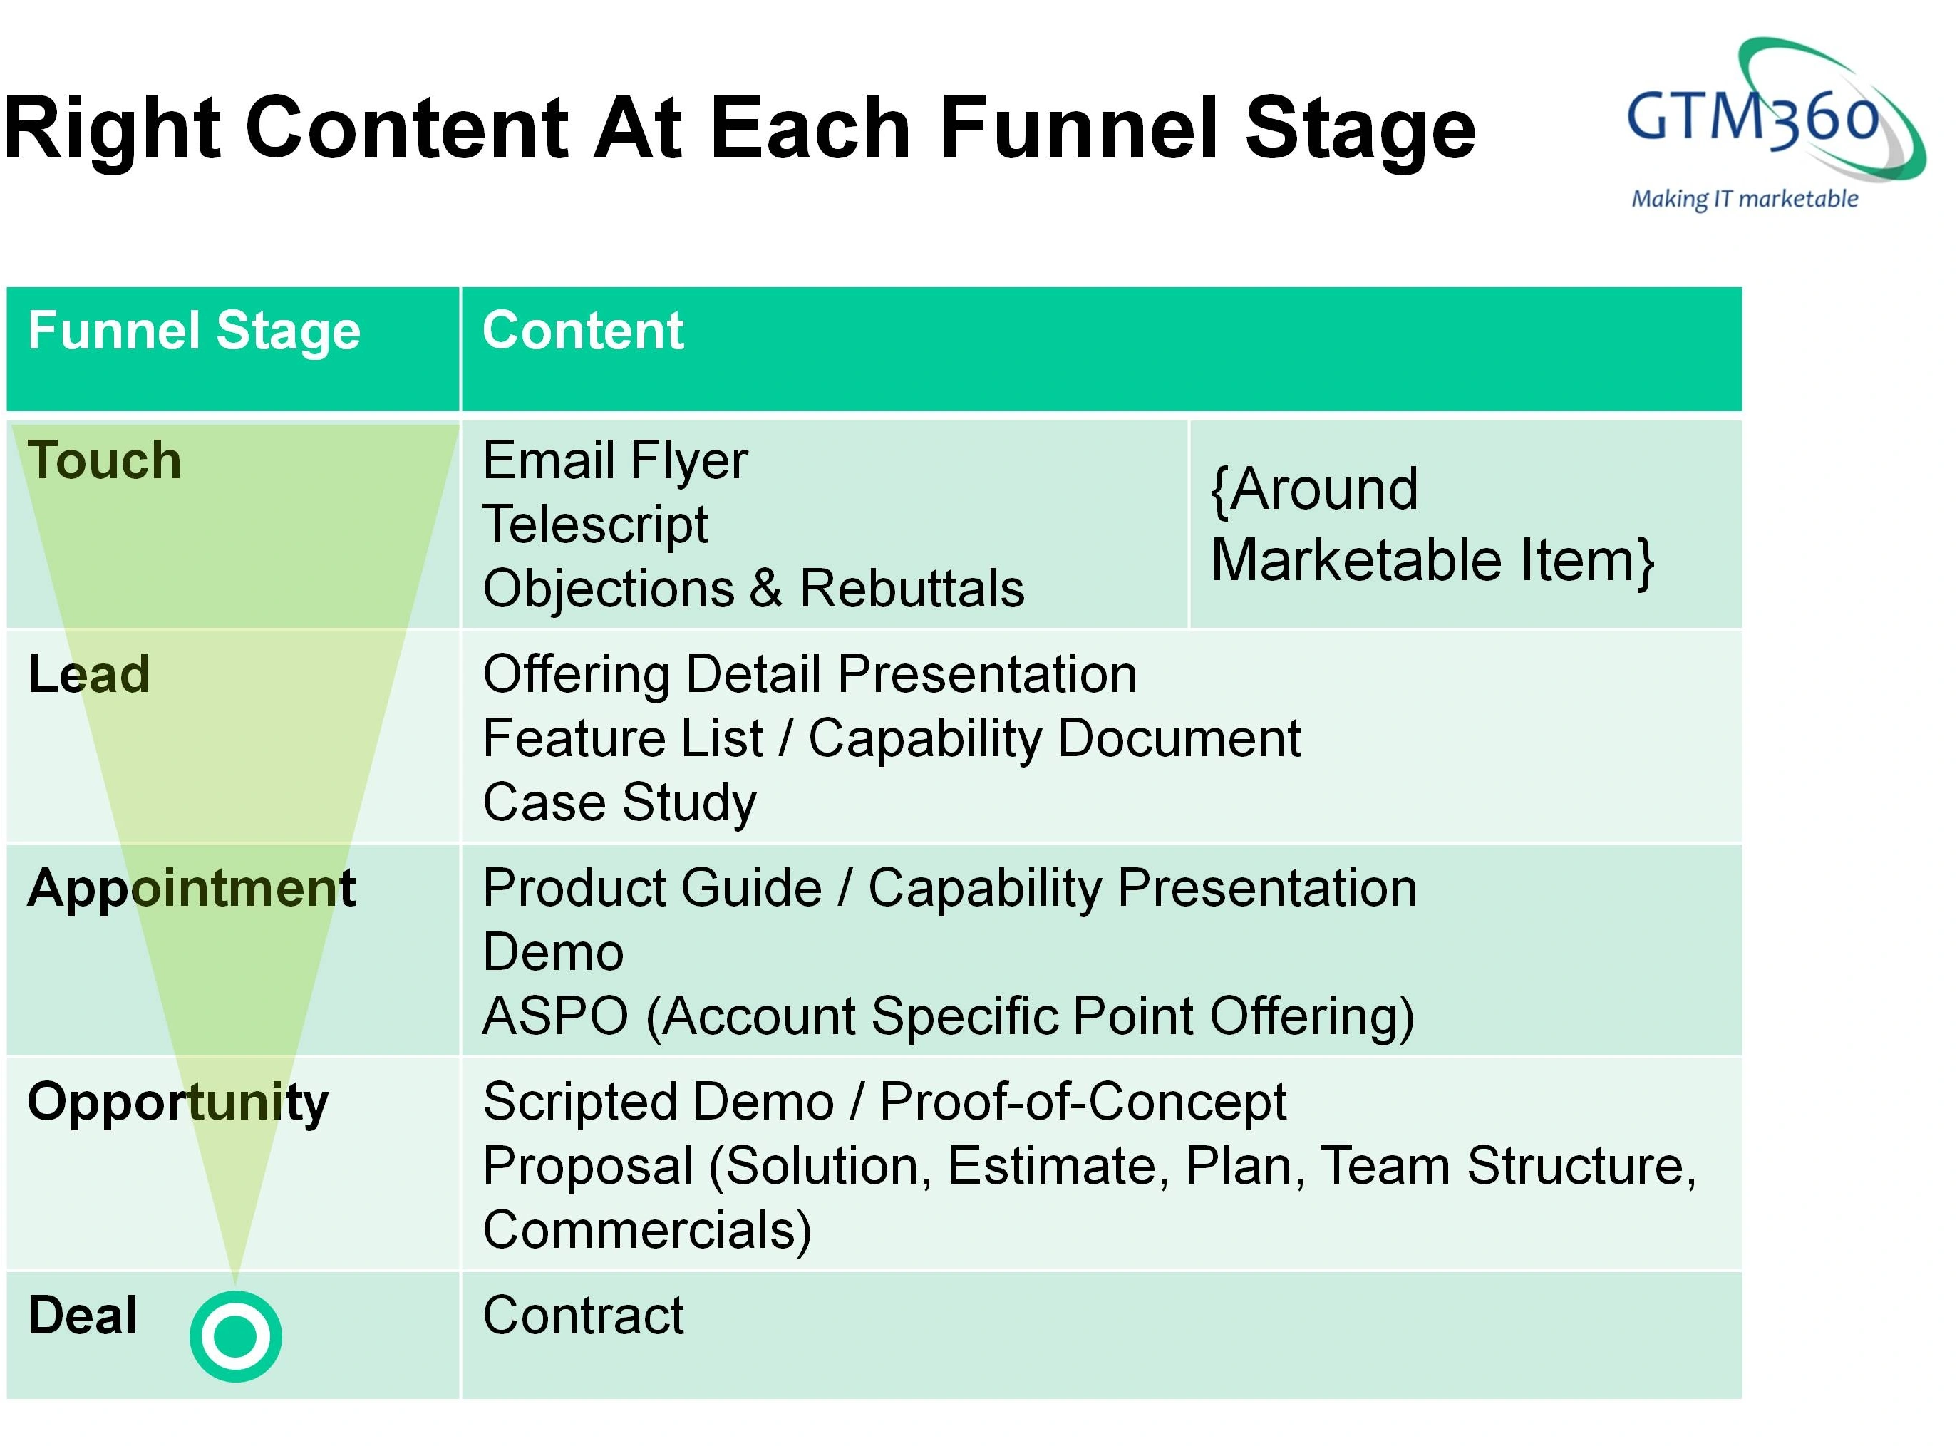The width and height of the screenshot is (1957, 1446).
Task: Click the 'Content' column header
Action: (x=583, y=331)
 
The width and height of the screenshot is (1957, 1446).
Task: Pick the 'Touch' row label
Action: (x=104, y=460)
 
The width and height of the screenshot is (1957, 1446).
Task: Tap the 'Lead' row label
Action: (x=88, y=674)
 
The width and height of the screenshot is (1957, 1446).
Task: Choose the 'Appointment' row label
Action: (x=191, y=889)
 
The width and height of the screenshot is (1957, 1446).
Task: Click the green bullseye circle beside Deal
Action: (x=235, y=1336)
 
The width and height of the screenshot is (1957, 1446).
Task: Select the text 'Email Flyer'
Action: (x=614, y=460)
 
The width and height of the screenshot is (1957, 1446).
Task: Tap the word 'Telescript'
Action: (x=595, y=525)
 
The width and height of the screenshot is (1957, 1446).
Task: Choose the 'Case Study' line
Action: (x=619, y=802)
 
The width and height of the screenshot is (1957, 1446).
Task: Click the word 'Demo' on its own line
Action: (x=553, y=951)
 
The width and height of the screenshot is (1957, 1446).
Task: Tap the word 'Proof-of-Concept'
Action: (x=1083, y=1101)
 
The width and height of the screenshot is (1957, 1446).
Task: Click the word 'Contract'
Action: (x=583, y=1315)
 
